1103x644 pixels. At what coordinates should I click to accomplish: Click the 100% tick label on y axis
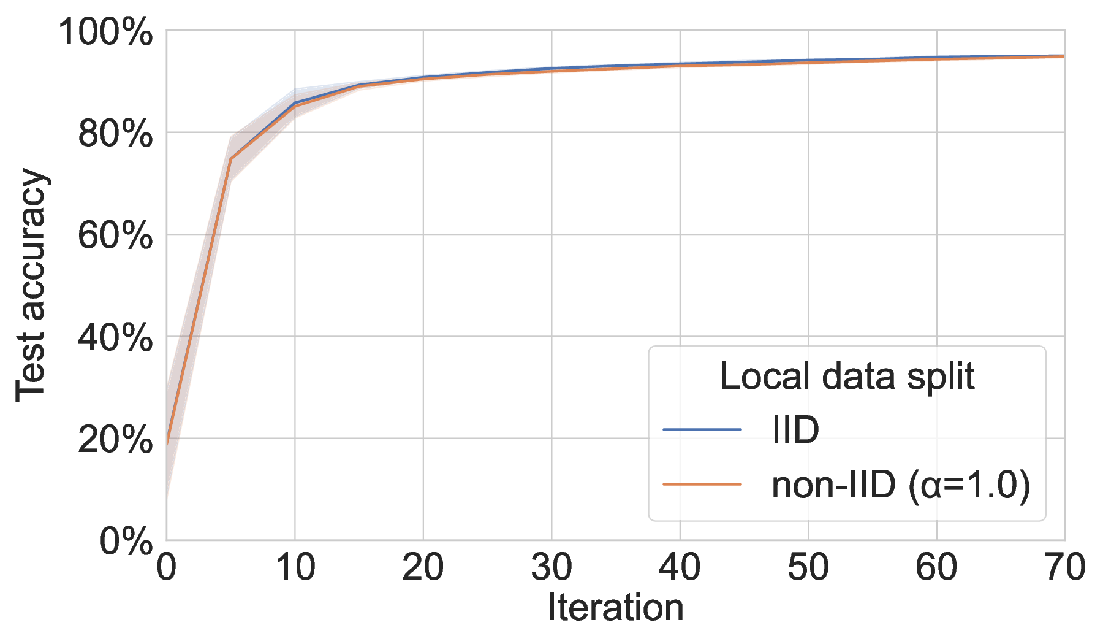(x=105, y=32)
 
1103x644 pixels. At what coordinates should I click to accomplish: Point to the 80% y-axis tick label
(x=115, y=134)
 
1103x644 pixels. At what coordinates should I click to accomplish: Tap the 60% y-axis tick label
(x=115, y=236)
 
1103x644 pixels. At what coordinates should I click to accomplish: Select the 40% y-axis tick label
(x=115, y=337)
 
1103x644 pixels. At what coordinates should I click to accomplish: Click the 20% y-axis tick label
(x=115, y=439)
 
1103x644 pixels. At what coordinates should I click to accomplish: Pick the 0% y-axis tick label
(x=126, y=541)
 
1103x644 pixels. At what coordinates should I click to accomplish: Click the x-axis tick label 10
(x=295, y=567)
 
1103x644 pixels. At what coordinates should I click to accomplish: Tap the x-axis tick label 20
(x=423, y=567)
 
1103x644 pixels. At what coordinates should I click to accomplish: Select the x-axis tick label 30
(x=551, y=567)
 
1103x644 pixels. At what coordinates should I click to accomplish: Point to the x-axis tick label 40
(x=680, y=567)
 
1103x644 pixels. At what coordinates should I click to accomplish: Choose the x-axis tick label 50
(x=808, y=567)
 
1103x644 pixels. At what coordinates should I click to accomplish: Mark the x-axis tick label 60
(x=936, y=567)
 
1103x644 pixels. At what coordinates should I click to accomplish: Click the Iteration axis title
(x=615, y=608)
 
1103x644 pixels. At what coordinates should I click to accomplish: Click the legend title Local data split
(x=847, y=376)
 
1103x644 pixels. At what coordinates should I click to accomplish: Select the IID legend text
(x=795, y=430)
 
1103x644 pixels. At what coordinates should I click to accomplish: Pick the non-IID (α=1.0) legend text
(x=901, y=485)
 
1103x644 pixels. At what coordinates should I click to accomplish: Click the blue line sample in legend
(x=702, y=429)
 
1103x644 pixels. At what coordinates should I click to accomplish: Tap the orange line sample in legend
(x=702, y=485)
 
